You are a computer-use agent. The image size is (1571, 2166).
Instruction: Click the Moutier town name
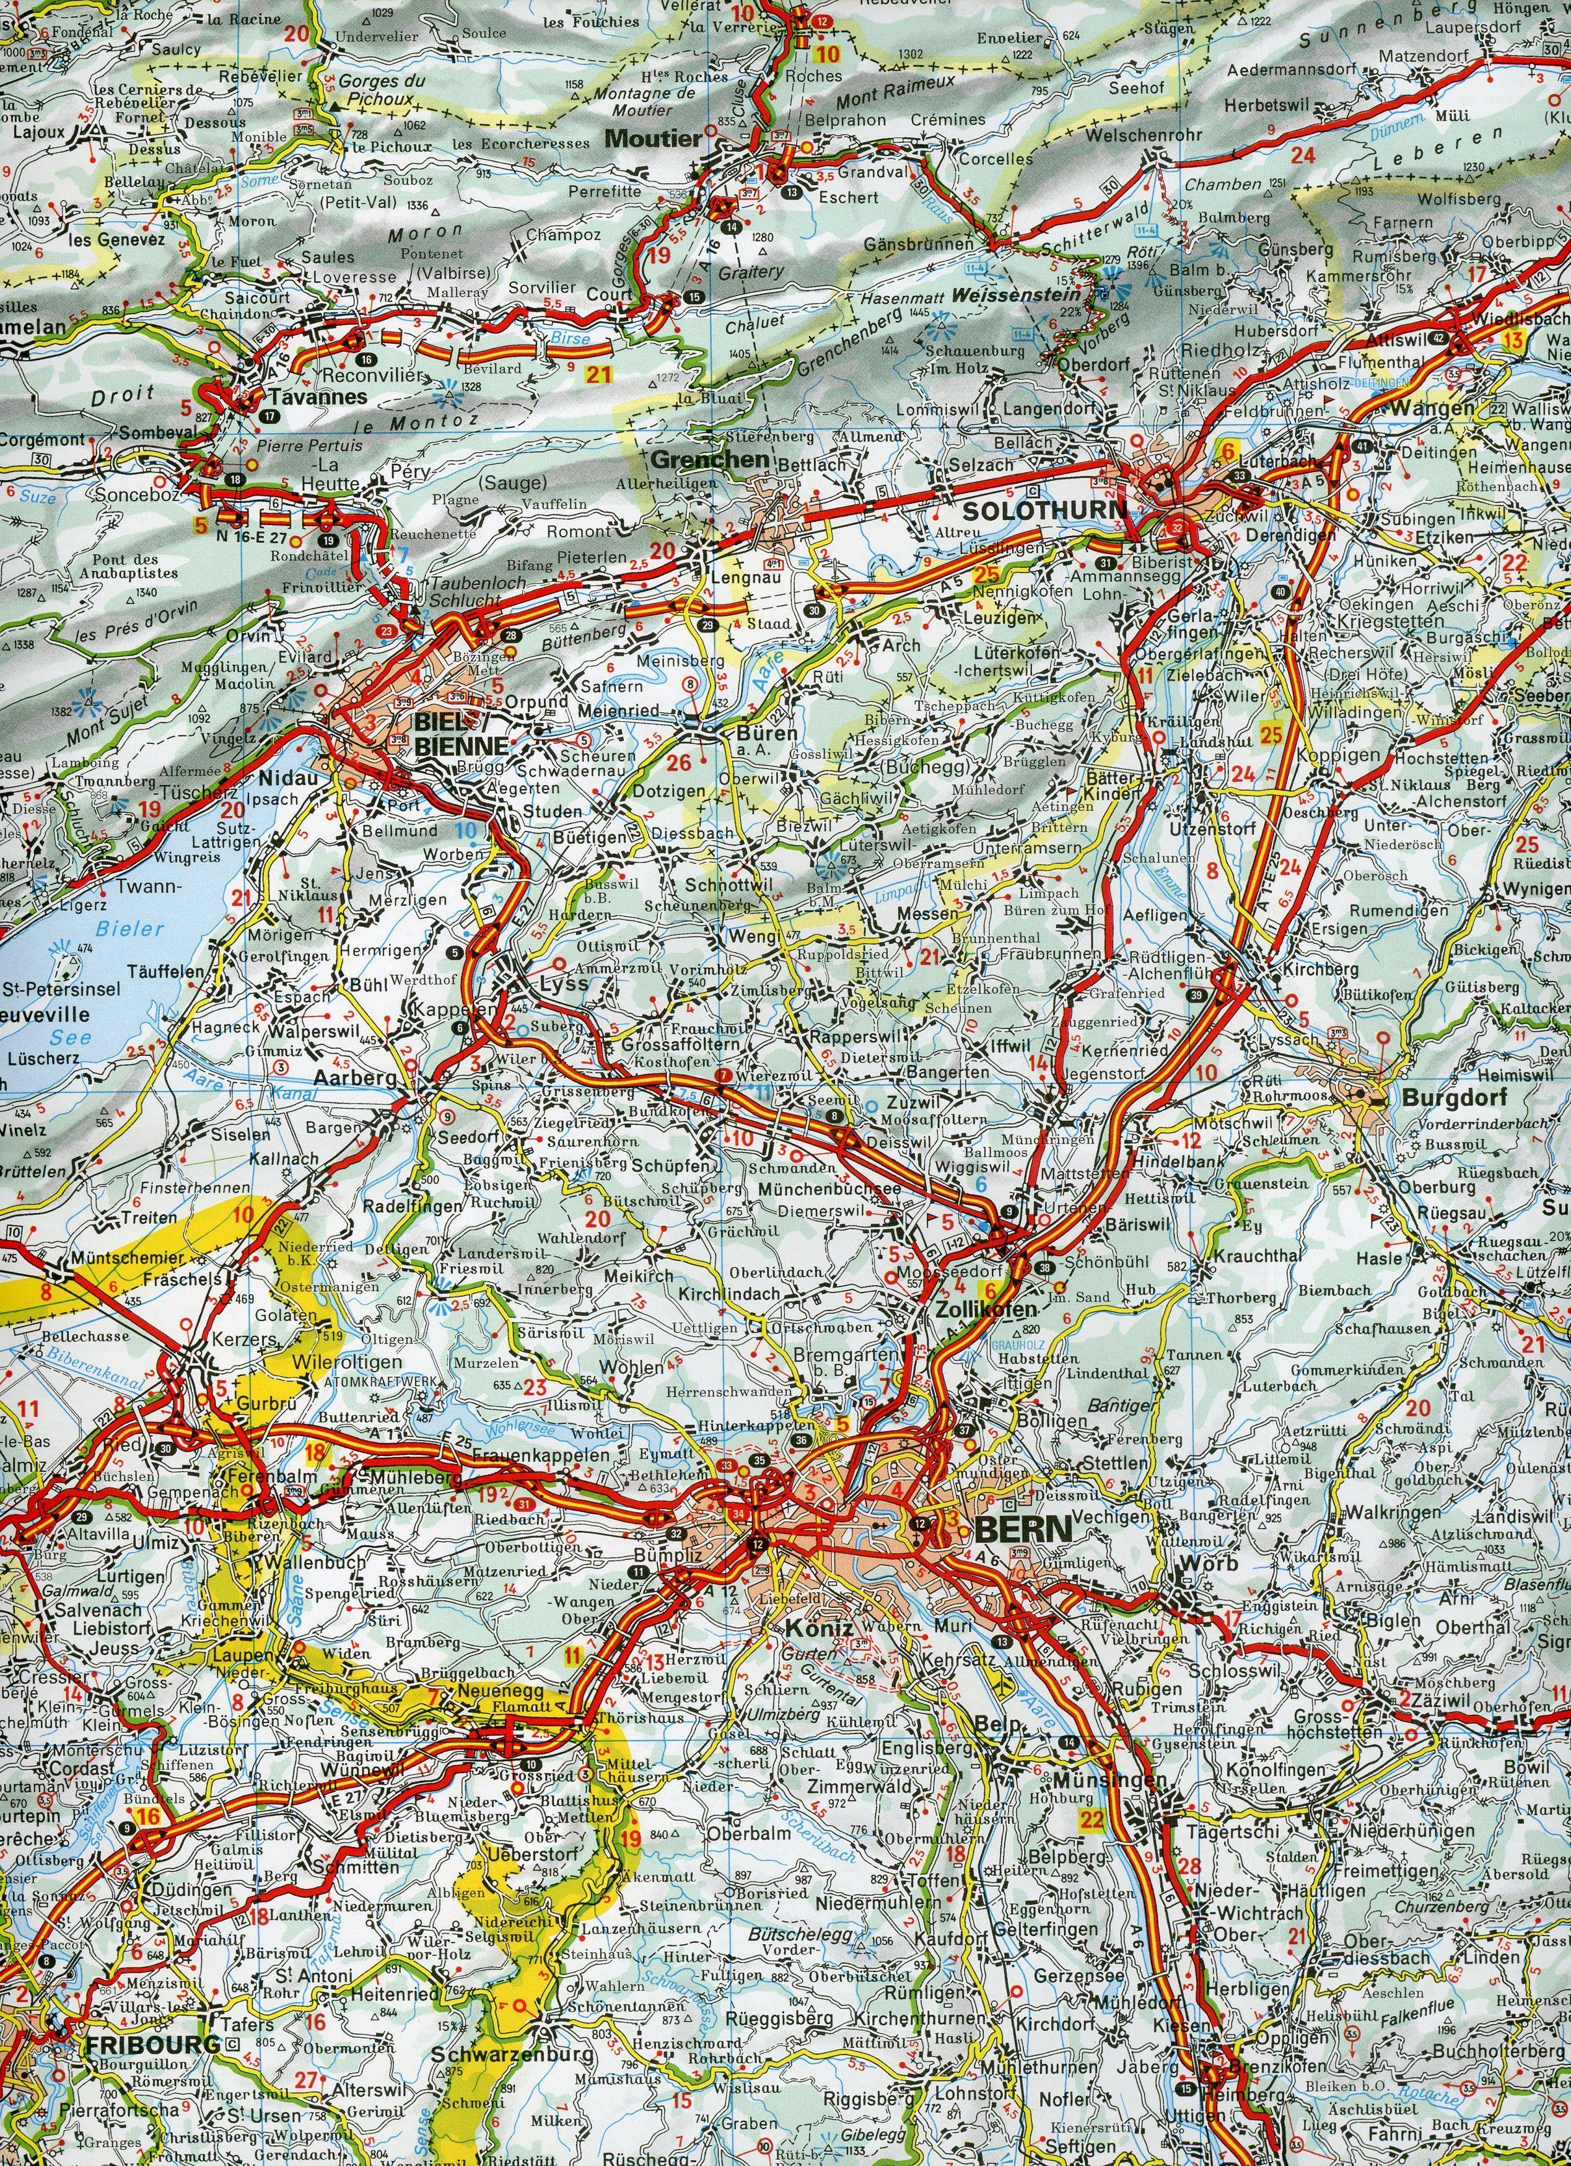coord(653,139)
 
